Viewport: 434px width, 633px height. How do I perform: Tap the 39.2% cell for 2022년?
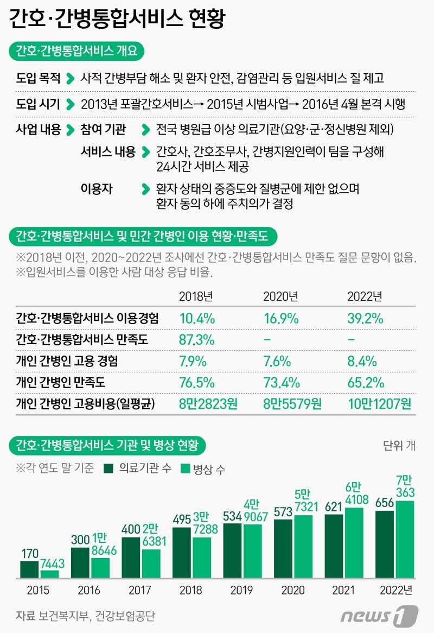[x=366, y=318]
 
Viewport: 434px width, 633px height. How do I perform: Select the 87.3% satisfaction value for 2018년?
[x=197, y=340]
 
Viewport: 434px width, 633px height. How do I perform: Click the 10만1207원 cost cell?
[x=379, y=403]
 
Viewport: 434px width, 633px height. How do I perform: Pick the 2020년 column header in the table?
[x=280, y=296]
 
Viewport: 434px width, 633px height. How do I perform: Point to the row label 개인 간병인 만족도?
[x=60, y=382]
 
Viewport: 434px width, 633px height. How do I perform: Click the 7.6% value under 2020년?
[x=278, y=361]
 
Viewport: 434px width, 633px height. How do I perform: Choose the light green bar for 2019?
[x=252, y=550]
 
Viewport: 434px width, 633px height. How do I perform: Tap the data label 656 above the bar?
[x=385, y=503]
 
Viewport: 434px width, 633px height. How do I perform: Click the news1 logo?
[x=379, y=616]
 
